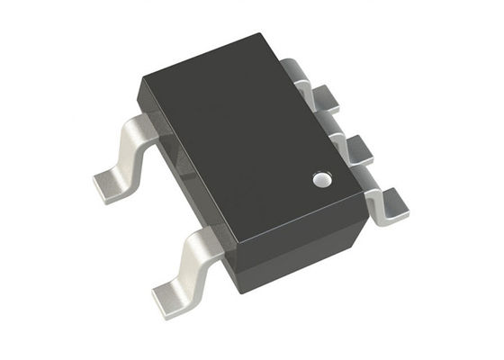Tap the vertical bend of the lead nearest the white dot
click(x=376, y=191)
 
